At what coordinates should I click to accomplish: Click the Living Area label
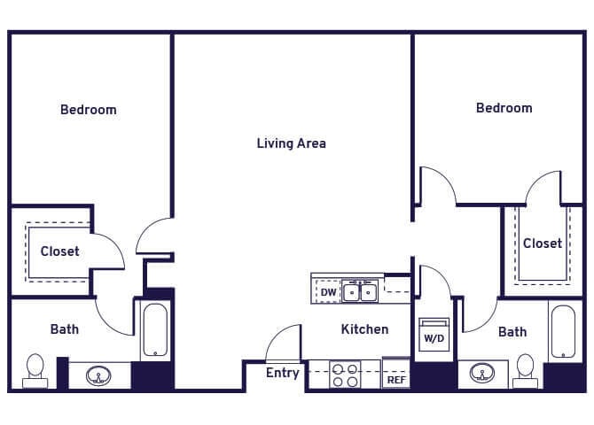pos(291,143)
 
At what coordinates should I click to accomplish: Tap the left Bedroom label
pos(88,110)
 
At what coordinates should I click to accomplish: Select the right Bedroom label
pos(504,108)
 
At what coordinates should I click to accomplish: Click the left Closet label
pos(59,251)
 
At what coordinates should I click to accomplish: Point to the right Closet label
pos(542,243)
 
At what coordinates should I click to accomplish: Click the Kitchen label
pos(364,329)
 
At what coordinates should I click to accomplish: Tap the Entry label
pos(283,373)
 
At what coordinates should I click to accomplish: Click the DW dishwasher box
pos(328,292)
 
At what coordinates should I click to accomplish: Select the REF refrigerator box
pos(395,379)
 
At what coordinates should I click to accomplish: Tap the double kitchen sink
pos(361,290)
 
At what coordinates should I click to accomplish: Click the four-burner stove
pos(345,374)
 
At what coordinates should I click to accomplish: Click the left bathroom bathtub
pos(155,329)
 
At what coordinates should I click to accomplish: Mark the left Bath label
pos(64,329)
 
